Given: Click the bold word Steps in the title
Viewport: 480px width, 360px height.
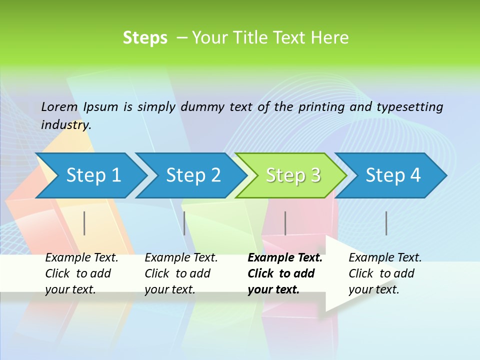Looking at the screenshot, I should tap(145, 38).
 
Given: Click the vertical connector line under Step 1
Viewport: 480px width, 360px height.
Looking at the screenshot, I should tap(84, 223).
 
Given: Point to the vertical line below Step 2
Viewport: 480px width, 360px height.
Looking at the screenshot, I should tap(184, 223).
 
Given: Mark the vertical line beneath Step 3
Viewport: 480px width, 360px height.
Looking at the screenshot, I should tap(285, 223).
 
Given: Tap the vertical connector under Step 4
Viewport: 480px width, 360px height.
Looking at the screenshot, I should tap(386, 223).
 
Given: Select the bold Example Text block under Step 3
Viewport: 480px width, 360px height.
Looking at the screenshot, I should tap(284, 273).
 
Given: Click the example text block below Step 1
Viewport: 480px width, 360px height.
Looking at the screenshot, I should tap(81, 273).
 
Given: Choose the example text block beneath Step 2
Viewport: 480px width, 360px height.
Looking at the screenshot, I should tap(181, 273).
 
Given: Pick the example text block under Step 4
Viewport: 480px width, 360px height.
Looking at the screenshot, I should tap(385, 273).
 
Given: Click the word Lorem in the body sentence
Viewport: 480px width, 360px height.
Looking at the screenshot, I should tap(59, 106).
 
